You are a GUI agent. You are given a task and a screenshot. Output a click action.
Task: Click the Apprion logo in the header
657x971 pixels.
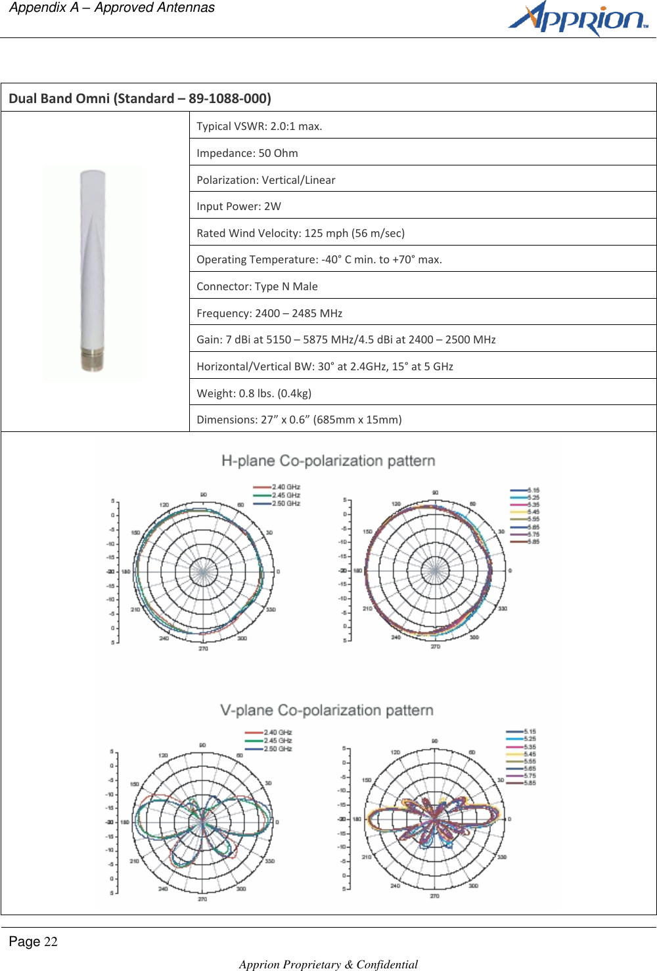pyautogui.click(x=578, y=19)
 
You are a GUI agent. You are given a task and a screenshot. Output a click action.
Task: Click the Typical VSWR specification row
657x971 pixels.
pyautogui.click(x=260, y=126)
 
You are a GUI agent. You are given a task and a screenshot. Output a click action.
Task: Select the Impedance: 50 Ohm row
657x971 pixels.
pyautogui.click(x=247, y=153)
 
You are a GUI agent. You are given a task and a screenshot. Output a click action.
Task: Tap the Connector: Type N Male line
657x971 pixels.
pyautogui.click(x=257, y=286)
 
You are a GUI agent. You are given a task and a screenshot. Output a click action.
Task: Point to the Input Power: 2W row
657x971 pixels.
pyautogui.click(x=238, y=206)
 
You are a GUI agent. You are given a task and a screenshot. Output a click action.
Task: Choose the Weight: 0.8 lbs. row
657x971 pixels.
pyautogui.click(x=254, y=393)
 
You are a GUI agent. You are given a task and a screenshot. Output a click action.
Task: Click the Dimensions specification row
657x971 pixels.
pyautogui.click(x=299, y=420)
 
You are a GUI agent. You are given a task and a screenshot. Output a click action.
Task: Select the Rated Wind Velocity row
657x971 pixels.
pyautogui.click(x=300, y=233)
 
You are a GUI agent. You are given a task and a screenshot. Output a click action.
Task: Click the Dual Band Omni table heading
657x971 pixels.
pyautogui.click(x=140, y=98)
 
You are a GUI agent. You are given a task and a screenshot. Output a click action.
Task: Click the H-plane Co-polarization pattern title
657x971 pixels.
pyautogui.click(x=328, y=461)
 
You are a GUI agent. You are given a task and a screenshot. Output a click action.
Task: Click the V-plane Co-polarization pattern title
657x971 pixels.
pyautogui.click(x=327, y=710)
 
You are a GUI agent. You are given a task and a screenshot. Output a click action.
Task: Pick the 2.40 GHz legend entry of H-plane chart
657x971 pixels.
pyautogui.click(x=285, y=487)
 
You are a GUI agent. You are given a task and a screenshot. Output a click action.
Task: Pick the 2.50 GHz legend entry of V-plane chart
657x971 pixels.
pyautogui.click(x=277, y=748)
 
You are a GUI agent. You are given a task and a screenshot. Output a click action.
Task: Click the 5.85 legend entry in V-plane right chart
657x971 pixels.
pyautogui.click(x=529, y=783)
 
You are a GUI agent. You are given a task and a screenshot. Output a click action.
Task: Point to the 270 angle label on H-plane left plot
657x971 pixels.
pyautogui.click(x=203, y=649)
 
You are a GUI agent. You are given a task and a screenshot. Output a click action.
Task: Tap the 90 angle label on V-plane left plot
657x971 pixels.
pyautogui.click(x=202, y=745)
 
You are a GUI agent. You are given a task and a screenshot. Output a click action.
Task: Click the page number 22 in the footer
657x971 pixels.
pyautogui.click(x=51, y=942)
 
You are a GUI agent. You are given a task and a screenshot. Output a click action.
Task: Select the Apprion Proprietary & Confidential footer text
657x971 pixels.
pyautogui.click(x=328, y=964)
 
